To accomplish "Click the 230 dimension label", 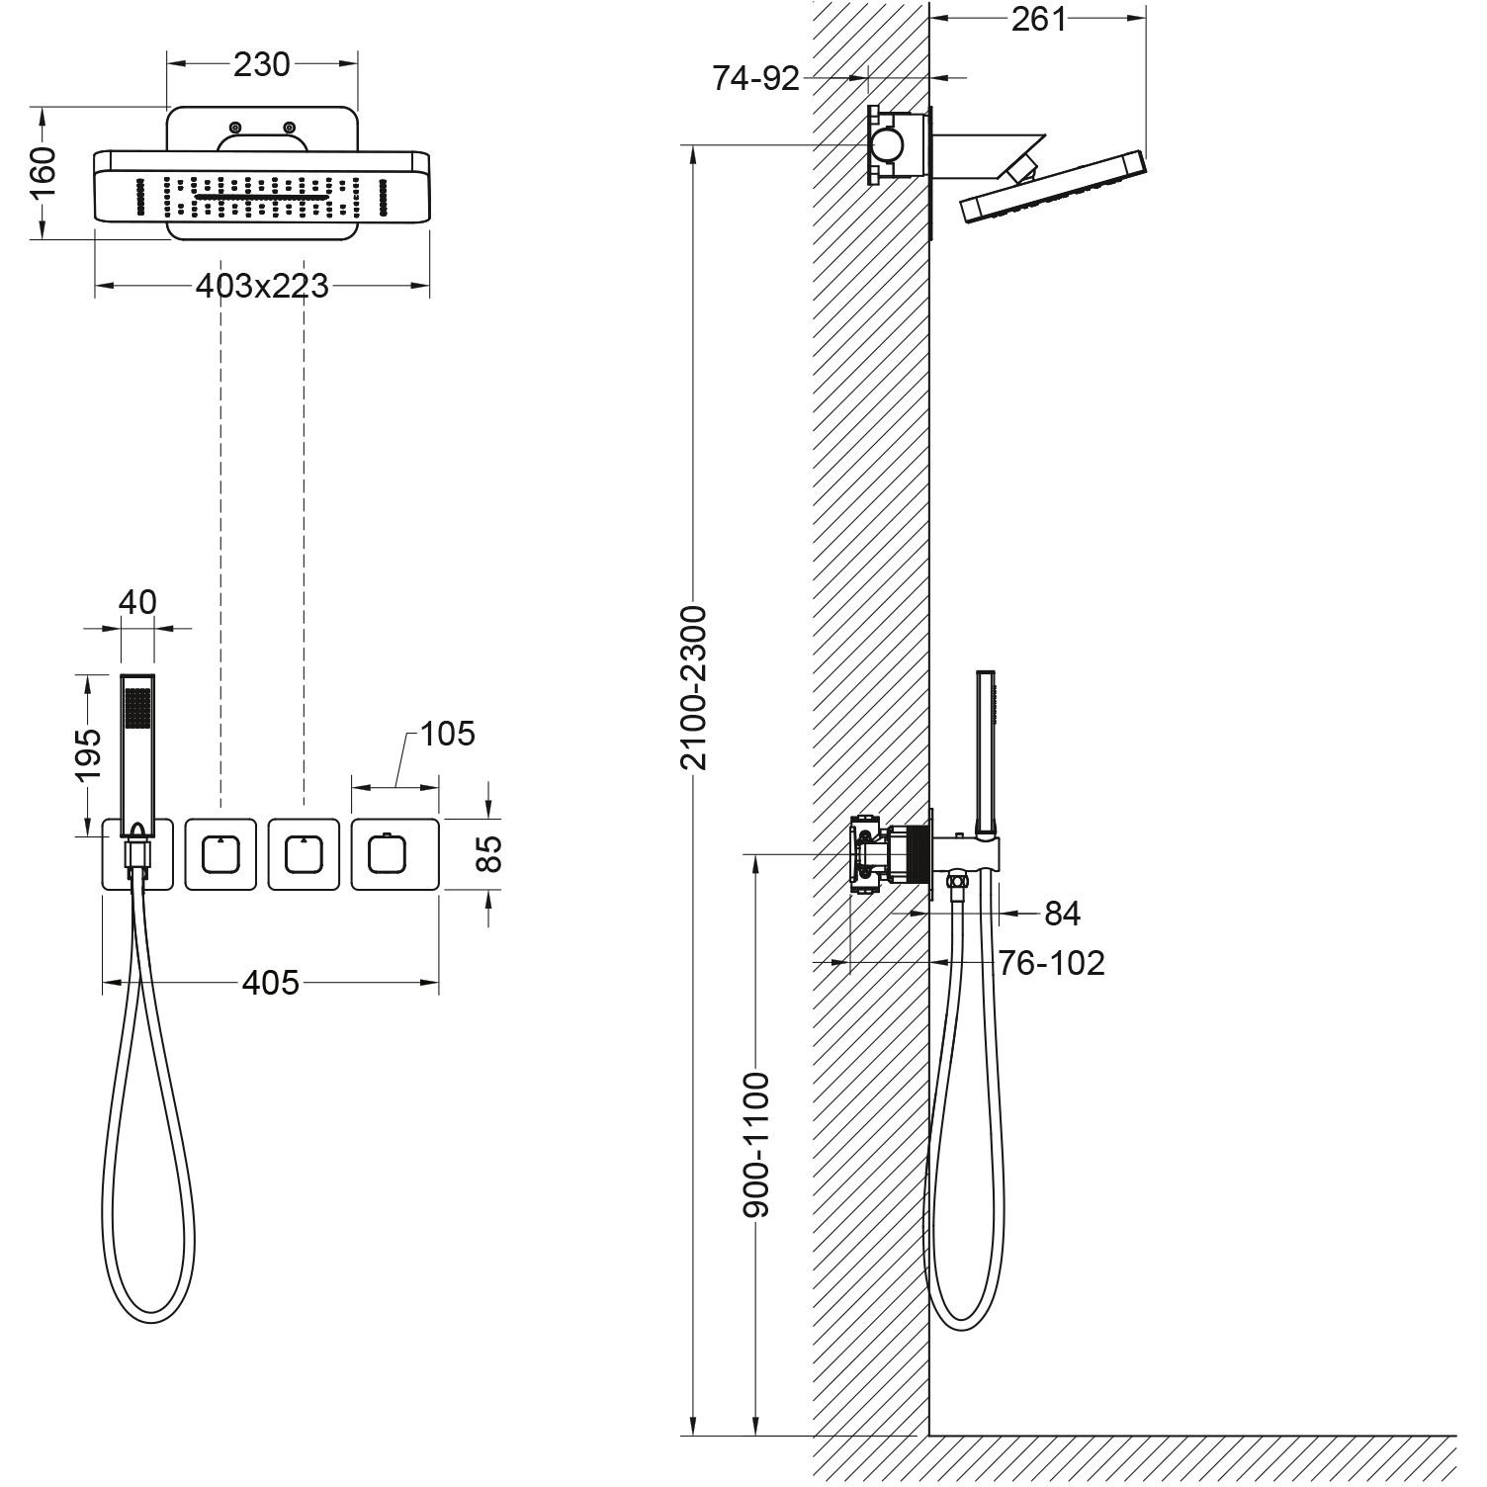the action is [x=262, y=64].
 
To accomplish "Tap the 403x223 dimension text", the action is [x=262, y=287].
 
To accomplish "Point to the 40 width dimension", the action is [x=137, y=601].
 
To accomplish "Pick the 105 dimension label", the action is [x=447, y=734].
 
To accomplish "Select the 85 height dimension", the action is [x=489, y=853].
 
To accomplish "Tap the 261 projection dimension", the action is [x=1038, y=19].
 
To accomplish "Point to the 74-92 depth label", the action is [x=756, y=79].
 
